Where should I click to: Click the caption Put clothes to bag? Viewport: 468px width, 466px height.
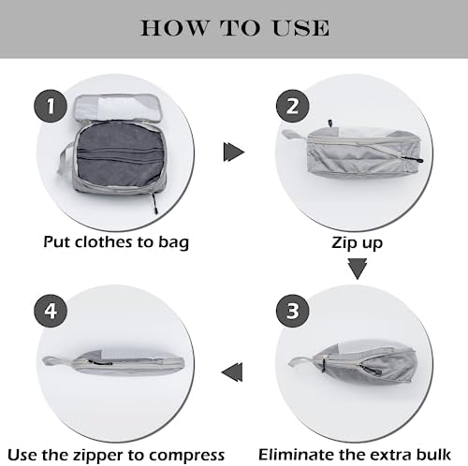pos(116,241)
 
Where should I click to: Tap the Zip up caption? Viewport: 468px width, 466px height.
pos(358,241)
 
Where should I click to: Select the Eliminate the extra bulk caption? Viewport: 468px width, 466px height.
pos(358,451)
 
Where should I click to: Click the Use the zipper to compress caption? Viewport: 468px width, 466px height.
pos(116,451)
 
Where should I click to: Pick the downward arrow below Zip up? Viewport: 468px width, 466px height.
pos(358,269)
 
